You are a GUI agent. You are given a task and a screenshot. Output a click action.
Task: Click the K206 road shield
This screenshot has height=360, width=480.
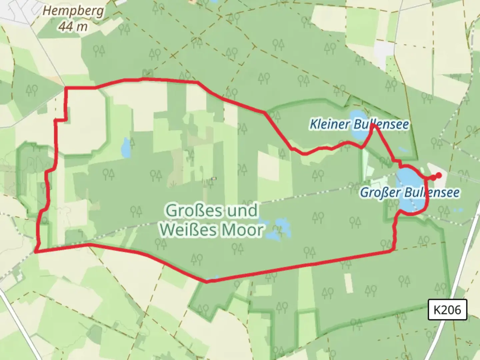pyautogui.click(x=447, y=310)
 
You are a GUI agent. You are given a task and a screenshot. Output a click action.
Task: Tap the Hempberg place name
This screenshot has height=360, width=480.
pyautogui.click(x=73, y=11)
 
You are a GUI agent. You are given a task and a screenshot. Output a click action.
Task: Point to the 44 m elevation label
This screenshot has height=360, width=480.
pyautogui.click(x=73, y=26)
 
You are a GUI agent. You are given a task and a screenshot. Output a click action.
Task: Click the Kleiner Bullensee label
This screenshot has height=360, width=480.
pyautogui.click(x=359, y=124)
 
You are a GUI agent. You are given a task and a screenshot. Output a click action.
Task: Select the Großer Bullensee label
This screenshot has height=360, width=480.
pyautogui.click(x=410, y=192)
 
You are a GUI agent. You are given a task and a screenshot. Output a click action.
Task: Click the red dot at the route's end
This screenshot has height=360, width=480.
pyautogui.click(x=439, y=175)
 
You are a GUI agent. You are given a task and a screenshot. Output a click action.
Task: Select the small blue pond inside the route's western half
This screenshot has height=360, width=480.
pyautogui.click(x=126, y=148)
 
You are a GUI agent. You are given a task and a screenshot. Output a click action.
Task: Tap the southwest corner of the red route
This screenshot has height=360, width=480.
pyautogui.click(x=36, y=252)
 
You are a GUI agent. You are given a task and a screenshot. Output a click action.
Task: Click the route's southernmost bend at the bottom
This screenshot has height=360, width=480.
pyautogui.click(x=207, y=282)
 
